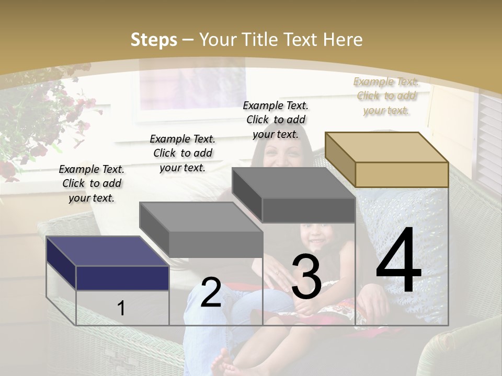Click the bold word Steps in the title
154,40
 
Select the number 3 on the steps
306,277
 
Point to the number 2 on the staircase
211,292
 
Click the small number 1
121,309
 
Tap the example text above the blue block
92,183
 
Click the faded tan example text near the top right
386,96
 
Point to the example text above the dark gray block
276,120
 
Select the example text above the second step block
182,153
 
